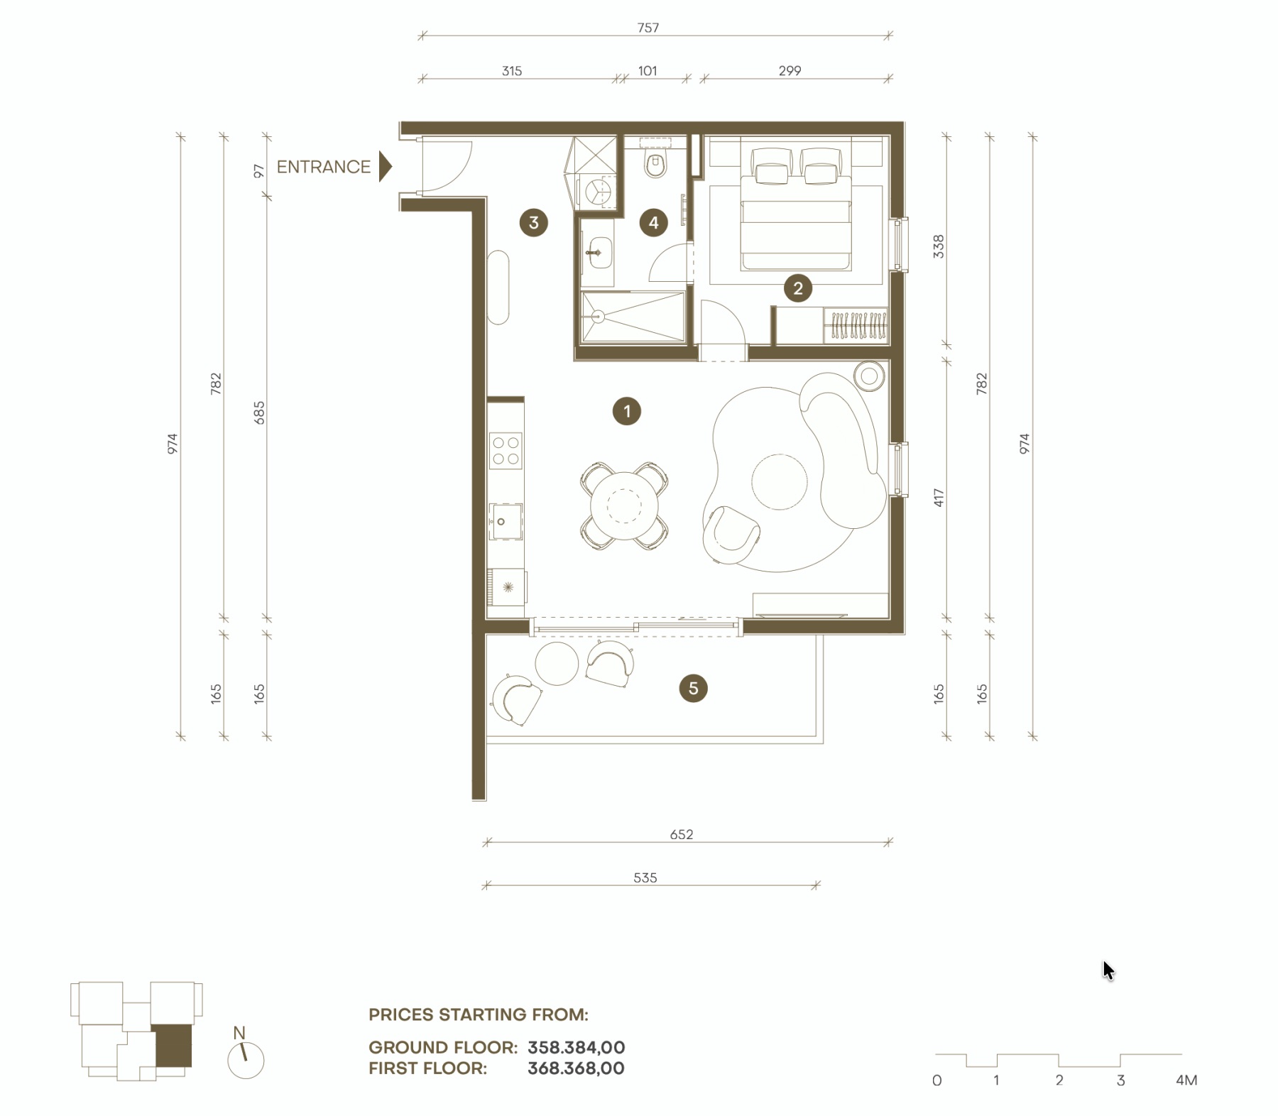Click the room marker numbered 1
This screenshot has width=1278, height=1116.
(x=626, y=411)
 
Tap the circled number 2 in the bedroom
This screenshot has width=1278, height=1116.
(x=798, y=288)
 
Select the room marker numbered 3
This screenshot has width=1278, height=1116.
(x=534, y=222)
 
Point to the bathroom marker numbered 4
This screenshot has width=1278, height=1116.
(x=653, y=223)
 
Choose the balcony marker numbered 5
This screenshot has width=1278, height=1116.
(x=693, y=688)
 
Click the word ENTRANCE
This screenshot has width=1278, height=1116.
(x=324, y=167)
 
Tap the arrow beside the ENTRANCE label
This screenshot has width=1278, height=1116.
(x=385, y=167)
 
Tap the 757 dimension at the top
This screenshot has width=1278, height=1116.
(x=648, y=28)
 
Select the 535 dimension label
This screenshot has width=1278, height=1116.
(x=645, y=877)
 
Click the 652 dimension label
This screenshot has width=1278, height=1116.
(x=682, y=834)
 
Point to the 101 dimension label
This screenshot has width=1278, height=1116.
(x=648, y=71)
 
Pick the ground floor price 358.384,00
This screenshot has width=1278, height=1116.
(x=577, y=1047)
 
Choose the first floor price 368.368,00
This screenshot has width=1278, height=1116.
(x=577, y=1068)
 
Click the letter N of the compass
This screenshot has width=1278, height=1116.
(x=239, y=1033)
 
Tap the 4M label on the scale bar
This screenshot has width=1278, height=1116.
(x=1186, y=1081)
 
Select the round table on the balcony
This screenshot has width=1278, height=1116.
(x=557, y=663)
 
